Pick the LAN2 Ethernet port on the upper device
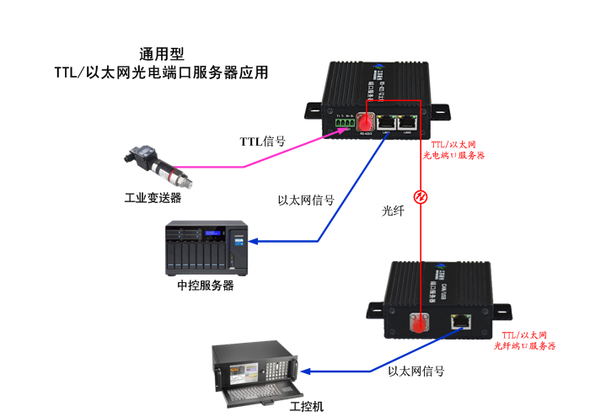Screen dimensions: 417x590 (x=409, y=121)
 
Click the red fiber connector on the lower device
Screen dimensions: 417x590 (x=419, y=323)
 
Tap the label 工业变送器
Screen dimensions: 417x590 (x=153, y=199)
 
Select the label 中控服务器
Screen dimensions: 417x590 (x=206, y=286)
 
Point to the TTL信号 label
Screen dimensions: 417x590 (x=262, y=141)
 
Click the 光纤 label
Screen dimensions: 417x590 (x=394, y=212)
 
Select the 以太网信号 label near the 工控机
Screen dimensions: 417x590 (x=416, y=371)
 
